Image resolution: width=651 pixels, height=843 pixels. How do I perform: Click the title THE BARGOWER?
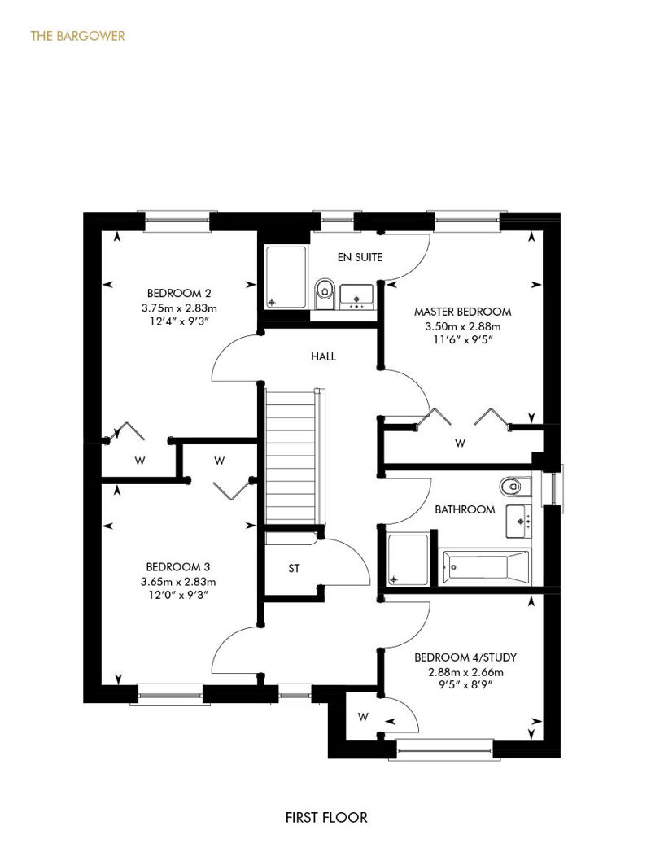point(77,36)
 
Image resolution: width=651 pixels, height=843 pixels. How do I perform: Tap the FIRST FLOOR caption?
point(326,818)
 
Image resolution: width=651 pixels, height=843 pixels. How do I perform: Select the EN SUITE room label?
point(360,257)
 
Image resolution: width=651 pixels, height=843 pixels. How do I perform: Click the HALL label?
point(323,356)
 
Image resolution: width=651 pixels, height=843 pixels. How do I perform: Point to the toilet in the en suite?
point(324,294)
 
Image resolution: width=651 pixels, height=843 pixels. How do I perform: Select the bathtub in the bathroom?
point(485,567)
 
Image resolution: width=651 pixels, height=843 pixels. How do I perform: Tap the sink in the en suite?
point(356,297)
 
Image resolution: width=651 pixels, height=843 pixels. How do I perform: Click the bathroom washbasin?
point(518,521)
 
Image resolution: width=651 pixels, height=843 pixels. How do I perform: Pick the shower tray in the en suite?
point(286,277)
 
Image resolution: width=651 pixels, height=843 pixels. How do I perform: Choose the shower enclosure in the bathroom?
point(408,559)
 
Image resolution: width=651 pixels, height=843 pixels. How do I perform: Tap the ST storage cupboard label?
point(294,568)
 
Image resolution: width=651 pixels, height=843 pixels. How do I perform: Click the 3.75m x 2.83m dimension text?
point(179,308)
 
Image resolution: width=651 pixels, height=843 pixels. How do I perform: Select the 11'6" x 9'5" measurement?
point(462,340)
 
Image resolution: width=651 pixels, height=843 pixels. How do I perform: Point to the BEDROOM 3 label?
point(178,566)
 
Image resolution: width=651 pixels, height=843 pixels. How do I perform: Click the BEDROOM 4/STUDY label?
point(465,657)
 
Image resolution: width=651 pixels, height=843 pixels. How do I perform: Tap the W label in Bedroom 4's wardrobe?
point(364,717)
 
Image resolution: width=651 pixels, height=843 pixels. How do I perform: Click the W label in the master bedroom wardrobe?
point(460,443)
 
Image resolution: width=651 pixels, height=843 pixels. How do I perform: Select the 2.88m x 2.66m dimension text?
point(465,672)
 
